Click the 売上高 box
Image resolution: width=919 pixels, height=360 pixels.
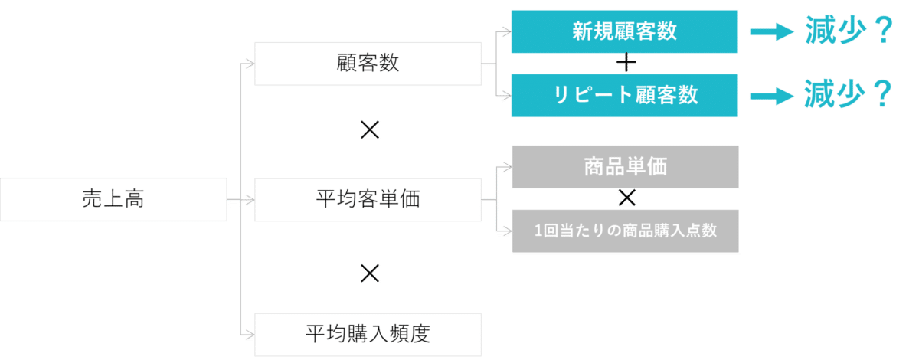tap(113, 200)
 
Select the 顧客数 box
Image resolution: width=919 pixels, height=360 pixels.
tap(368, 64)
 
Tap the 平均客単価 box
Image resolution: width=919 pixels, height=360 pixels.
tap(368, 200)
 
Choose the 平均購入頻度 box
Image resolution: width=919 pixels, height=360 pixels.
tap(368, 334)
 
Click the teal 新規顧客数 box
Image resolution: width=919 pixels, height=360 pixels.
tap(624, 31)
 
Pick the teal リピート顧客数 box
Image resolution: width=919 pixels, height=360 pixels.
tap(624, 95)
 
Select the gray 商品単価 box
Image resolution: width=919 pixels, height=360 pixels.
tap(624, 167)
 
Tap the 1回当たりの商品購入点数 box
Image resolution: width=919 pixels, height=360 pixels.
tap(624, 231)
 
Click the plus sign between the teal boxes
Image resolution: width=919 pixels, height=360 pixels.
tap(626, 64)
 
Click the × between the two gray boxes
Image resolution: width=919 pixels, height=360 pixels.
tap(626, 199)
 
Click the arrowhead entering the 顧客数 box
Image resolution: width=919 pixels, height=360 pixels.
tap(249, 64)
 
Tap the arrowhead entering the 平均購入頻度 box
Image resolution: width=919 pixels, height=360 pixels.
tap(249, 334)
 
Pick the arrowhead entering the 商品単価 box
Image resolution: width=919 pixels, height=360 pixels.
tap(506, 166)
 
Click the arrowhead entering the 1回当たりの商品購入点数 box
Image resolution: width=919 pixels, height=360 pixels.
tap(506, 230)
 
